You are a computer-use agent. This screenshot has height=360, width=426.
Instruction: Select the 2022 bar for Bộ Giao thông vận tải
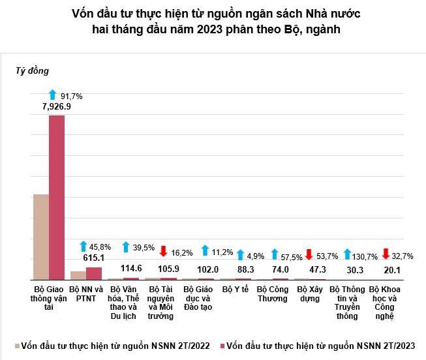[x=41, y=237]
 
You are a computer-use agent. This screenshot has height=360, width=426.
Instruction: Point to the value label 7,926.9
[x=56, y=106]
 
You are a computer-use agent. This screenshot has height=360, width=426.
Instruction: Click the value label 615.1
[x=94, y=258]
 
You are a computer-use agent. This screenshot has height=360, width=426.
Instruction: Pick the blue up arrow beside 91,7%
[x=53, y=95]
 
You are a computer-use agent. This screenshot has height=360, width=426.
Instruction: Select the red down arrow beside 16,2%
[x=164, y=250]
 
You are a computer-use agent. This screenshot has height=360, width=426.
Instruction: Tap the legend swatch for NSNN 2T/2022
[x=16, y=345]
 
